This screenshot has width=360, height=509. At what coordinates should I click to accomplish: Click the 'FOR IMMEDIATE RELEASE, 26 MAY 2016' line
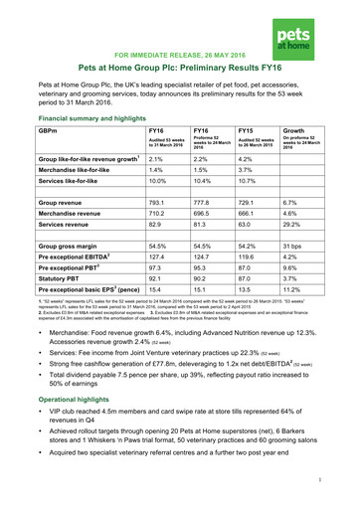179,56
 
